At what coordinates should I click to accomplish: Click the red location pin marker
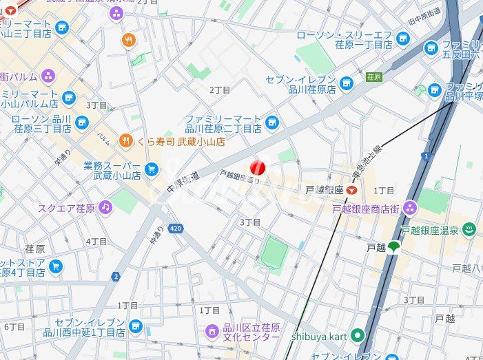click(257, 168)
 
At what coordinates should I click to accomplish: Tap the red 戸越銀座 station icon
click(352, 189)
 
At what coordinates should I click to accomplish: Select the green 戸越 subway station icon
click(393, 247)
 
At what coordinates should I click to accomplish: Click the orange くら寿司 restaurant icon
click(125, 141)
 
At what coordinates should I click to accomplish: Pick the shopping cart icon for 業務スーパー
click(152, 169)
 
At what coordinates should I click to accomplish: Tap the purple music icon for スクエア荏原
click(105, 207)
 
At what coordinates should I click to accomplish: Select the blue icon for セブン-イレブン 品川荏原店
click(346, 84)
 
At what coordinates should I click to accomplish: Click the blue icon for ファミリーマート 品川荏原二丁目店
click(272, 123)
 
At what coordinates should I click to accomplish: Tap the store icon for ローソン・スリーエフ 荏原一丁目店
click(404, 39)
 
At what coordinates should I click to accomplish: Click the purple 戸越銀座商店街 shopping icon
click(410, 208)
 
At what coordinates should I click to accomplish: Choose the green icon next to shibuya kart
click(357, 335)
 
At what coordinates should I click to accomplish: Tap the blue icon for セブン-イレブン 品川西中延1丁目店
click(136, 326)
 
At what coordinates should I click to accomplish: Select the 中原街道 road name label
click(183, 182)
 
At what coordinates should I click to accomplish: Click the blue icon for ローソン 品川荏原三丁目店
click(82, 123)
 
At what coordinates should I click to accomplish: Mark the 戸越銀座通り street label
click(239, 178)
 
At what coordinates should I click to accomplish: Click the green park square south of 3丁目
click(274, 253)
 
